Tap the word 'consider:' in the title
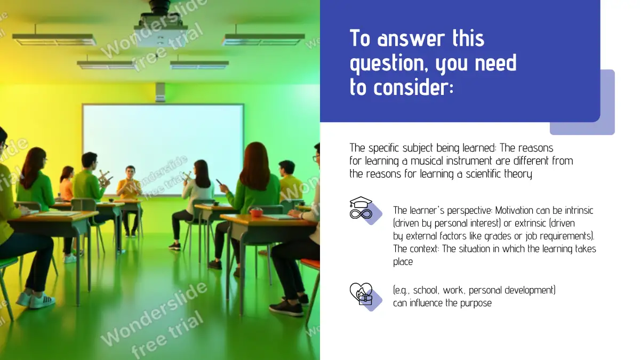413,87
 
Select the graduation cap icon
361,202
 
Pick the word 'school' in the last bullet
425,290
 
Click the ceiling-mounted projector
161,25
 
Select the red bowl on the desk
256,212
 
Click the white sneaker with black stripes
43,301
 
